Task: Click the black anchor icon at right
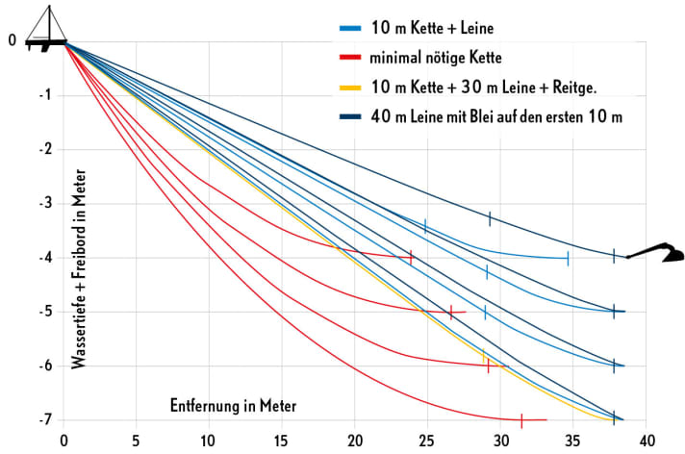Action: [x=656, y=254]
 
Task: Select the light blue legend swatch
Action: [x=354, y=27]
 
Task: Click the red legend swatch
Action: [x=354, y=57]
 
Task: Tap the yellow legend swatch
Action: [x=354, y=88]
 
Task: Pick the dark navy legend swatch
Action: [x=354, y=117]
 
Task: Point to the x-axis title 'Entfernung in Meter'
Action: [x=234, y=406]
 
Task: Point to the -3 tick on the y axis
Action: [x=43, y=204]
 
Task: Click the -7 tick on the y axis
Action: [x=43, y=420]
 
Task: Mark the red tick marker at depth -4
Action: [x=411, y=258]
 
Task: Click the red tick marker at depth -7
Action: [x=521, y=420]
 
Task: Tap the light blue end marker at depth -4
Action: [x=568, y=258]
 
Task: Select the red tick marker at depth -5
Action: [x=450, y=312]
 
